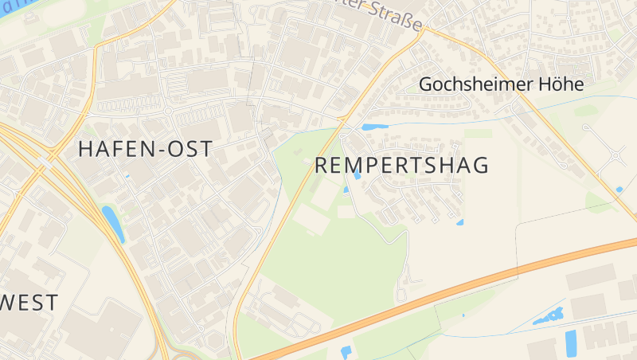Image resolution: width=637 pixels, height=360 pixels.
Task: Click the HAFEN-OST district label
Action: click(x=145, y=149)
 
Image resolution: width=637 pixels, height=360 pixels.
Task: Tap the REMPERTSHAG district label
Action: click(x=401, y=166)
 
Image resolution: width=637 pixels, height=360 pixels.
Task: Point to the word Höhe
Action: click(x=562, y=84)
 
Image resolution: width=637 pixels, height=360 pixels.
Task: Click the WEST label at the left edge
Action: click(x=29, y=303)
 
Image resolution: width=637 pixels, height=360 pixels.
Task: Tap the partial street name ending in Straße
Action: click(x=394, y=16)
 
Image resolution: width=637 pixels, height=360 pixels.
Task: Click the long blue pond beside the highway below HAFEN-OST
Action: click(x=113, y=223)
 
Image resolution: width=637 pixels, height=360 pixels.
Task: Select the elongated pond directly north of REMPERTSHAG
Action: click(x=374, y=127)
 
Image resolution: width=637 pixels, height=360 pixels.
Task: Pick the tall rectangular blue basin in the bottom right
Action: click(x=571, y=342)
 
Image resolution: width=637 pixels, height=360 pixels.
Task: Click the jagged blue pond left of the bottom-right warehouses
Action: click(x=548, y=315)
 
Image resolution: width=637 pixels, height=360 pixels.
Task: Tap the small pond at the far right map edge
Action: click(x=619, y=190)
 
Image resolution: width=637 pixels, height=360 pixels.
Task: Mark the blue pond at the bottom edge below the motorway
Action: click(x=346, y=352)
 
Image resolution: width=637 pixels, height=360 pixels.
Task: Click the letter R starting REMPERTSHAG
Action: click(x=322, y=166)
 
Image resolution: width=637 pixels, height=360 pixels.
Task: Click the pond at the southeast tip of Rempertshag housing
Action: click(x=459, y=222)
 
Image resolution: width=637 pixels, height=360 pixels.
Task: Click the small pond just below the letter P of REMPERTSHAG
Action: click(x=358, y=175)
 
